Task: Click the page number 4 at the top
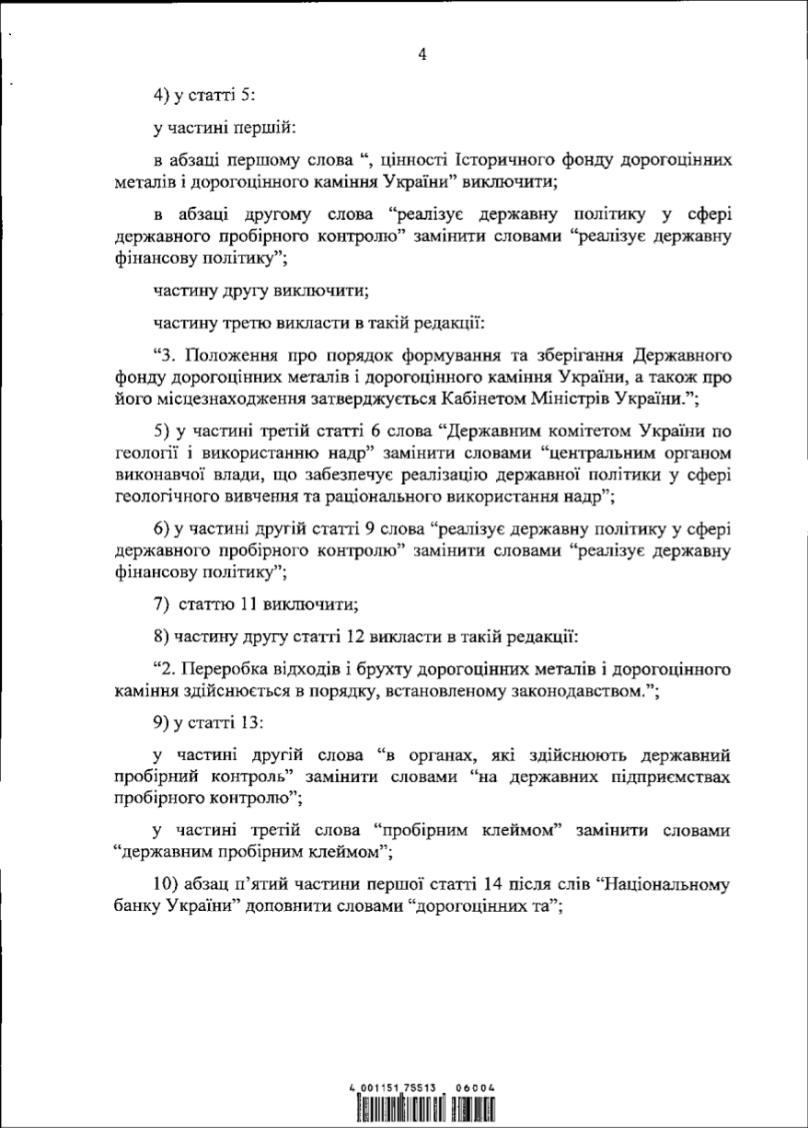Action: point(422,55)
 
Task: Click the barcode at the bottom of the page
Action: point(423,1111)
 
